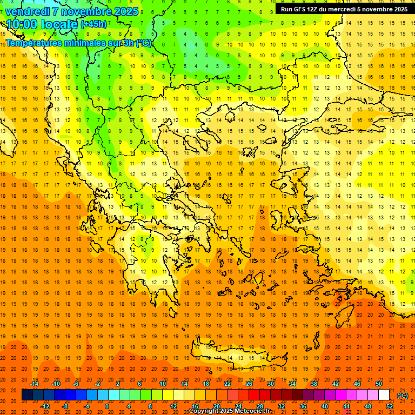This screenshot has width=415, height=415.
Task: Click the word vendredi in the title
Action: pyautogui.click(x=28, y=11)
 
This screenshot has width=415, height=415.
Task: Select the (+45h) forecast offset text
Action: pyautogui.click(x=93, y=24)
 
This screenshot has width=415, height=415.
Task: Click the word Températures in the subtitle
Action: pyautogui.click(x=35, y=43)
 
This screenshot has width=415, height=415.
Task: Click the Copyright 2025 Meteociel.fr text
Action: pyautogui.click(x=229, y=411)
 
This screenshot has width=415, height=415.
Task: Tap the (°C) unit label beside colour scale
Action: pyautogui.click(x=403, y=396)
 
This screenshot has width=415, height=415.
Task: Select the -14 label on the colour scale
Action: pyautogui.click(x=34, y=384)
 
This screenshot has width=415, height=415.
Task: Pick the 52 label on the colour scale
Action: pyautogui.click(x=390, y=406)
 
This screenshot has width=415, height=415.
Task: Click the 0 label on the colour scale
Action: pyautogui.click(x=107, y=406)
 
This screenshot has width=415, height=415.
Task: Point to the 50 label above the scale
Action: pyautogui.click(x=379, y=384)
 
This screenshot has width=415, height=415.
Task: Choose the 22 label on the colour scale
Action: pyautogui.click(x=227, y=384)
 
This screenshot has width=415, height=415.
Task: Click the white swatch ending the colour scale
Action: pyautogui.click(x=384, y=395)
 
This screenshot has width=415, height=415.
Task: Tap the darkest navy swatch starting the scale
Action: pyautogui.click(x=27, y=395)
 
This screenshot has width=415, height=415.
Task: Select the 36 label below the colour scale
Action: pyautogui.click(x=303, y=406)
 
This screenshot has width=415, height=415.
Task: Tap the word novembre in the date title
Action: pyautogui.click(x=88, y=11)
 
